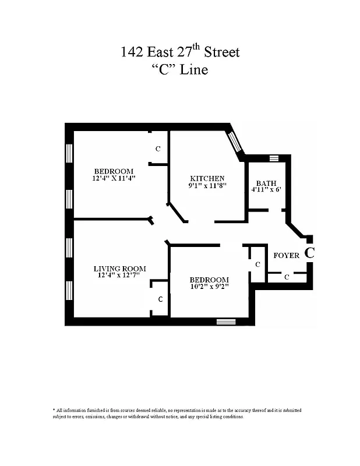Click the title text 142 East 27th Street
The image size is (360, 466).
[x=180, y=52]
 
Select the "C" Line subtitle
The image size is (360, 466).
[x=180, y=70]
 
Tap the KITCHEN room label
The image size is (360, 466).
[x=207, y=178]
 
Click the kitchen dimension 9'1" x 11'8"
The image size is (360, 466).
[x=207, y=186]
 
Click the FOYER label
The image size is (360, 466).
[x=286, y=255]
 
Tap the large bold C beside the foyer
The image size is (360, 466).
[x=310, y=253]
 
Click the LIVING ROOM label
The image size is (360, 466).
[x=120, y=269]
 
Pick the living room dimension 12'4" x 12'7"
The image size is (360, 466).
[x=120, y=276]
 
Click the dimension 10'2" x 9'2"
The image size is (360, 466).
[x=209, y=287]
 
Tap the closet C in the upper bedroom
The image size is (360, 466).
[x=158, y=149]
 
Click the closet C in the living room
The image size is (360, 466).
[x=160, y=299]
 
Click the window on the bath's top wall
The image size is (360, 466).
[x=274, y=158]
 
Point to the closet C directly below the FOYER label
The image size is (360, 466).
[x=287, y=277]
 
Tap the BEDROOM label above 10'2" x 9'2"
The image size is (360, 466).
[x=209, y=280]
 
